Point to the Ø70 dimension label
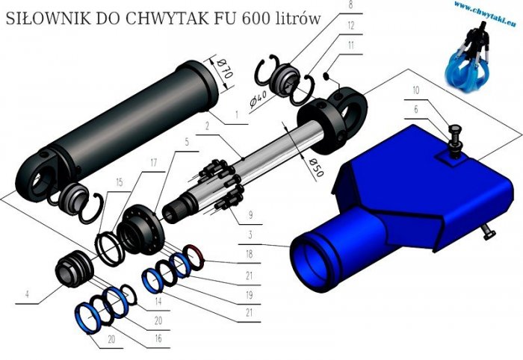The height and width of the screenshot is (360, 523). [x=225, y=72]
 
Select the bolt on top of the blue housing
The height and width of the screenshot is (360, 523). [x=452, y=137]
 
